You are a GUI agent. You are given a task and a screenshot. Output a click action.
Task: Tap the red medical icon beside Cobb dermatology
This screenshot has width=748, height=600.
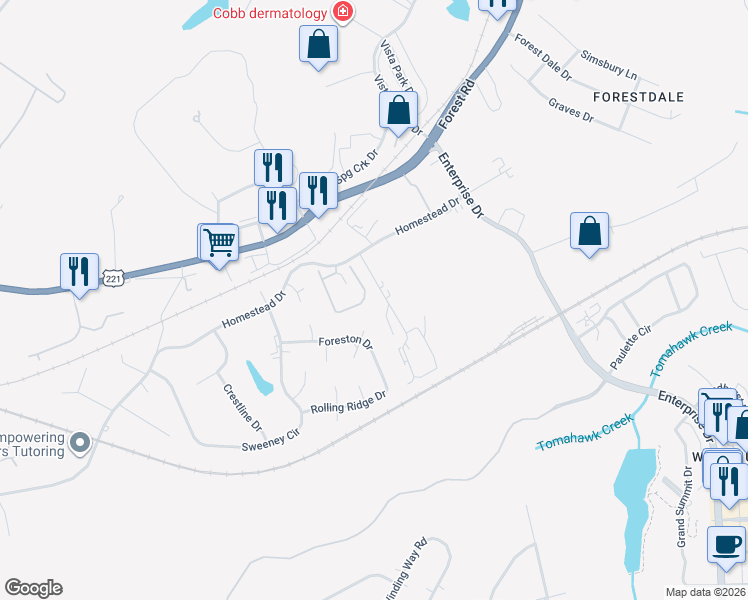click(x=343, y=12)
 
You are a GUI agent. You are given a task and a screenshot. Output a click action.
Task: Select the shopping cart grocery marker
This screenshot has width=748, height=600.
click(x=219, y=242)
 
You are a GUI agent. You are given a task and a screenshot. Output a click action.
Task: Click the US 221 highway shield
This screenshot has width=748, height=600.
click(x=113, y=279)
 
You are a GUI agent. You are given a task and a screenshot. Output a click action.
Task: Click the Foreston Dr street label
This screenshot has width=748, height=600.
click(x=345, y=342)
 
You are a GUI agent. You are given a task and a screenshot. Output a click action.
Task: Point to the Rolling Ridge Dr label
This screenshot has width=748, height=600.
click(x=348, y=402)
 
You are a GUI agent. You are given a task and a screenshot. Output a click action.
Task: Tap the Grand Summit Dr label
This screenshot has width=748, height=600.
click(x=682, y=514)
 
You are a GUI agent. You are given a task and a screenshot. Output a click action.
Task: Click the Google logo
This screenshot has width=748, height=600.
click(x=33, y=588)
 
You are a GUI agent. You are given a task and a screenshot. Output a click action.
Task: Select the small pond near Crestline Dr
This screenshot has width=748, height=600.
click(x=259, y=378)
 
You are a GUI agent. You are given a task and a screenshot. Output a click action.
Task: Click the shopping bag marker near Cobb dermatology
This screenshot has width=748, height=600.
click(x=318, y=44)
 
